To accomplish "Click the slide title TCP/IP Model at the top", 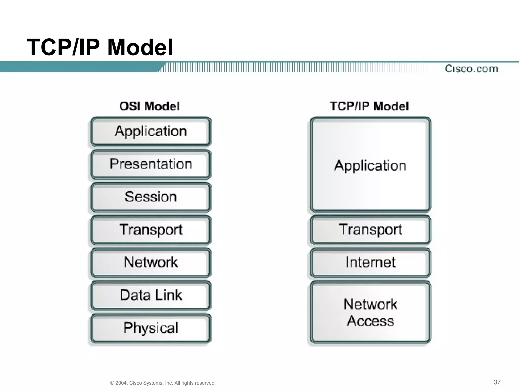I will (x=100, y=47).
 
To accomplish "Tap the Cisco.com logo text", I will (x=471, y=69).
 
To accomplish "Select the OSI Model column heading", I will (x=150, y=106).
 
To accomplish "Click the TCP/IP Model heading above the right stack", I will (x=369, y=106).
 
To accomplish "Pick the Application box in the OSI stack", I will (x=151, y=132).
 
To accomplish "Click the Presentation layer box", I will (x=151, y=164).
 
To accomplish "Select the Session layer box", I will (x=151, y=197).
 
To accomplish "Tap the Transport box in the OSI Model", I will (x=151, y=230).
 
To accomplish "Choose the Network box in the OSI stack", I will (x=151, y=262).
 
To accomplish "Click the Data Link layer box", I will (x=151, y=295).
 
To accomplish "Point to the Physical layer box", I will (x=151, y=328).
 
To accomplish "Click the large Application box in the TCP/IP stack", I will (x=370, y=165).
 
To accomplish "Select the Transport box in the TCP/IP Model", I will (x=370, y=230).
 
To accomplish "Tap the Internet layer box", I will (x=370, y=262).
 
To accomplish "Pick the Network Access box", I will (x=370, y=312).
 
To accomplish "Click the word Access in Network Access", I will (x=370, y=321).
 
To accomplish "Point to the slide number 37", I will (x=497, y=382).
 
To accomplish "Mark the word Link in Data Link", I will (x=168, y=295).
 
